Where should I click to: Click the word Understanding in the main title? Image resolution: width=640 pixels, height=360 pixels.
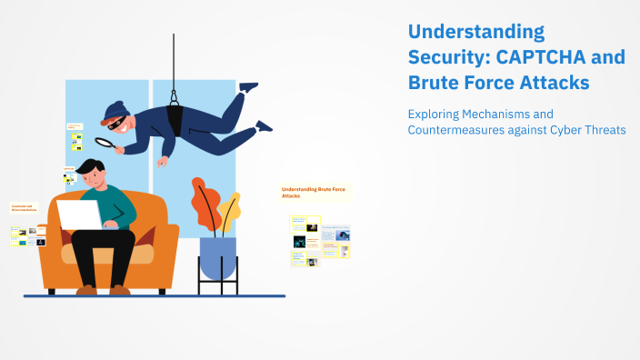tap(475, 32)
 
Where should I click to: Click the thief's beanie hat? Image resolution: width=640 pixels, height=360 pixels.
tap(115, 111)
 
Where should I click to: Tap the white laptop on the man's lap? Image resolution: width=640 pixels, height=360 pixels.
tap(81, 215)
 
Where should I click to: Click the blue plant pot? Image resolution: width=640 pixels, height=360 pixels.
tap(217, 257)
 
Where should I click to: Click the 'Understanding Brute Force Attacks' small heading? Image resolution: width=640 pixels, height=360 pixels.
tap(314, 192)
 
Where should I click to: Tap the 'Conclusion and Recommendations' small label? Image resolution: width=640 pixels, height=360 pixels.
tap(24, 208)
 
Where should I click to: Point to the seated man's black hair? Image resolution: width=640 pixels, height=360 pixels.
tap(92, 167)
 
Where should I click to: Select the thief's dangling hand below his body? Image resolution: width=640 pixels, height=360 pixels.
tap(162, 162)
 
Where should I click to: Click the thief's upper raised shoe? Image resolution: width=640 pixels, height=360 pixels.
tap(247, 86)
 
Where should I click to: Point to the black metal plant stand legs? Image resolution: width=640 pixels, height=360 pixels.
tap(217, 286)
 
